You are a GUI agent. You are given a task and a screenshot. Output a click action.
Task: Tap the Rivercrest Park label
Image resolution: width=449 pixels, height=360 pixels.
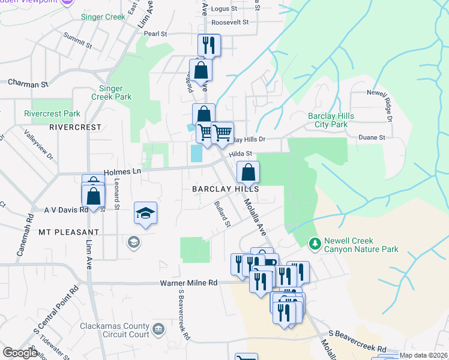coord(52,113)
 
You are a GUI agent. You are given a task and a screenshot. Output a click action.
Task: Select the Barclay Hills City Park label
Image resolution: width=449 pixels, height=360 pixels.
coord(327,120)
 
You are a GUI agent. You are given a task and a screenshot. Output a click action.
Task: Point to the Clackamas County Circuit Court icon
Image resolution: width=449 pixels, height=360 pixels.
coord(158,329)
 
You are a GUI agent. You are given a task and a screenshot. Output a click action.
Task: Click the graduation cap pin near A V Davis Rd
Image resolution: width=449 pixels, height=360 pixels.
coord(145,214)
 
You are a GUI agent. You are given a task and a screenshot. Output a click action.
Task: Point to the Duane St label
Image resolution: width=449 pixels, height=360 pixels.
coord(372,137)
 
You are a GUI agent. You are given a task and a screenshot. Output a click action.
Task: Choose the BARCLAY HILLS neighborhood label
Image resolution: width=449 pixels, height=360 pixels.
coord(225,188)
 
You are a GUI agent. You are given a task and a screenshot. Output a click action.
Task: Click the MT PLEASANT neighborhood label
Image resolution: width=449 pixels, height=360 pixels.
coord(68,232)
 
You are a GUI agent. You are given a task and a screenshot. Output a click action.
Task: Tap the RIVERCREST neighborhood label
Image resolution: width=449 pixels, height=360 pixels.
coord(76,127)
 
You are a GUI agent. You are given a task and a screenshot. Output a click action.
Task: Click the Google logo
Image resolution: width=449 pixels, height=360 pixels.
coord(20,353)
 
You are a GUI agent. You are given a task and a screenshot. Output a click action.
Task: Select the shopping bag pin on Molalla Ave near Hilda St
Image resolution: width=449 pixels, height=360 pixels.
coord(248,173)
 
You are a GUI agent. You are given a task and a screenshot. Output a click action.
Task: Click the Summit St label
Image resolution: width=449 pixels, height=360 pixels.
coord(78,43)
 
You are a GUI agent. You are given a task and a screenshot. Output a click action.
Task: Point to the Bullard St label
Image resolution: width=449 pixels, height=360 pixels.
coord(222,214)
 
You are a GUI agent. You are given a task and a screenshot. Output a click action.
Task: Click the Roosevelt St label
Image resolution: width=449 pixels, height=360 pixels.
coord(229,22)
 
